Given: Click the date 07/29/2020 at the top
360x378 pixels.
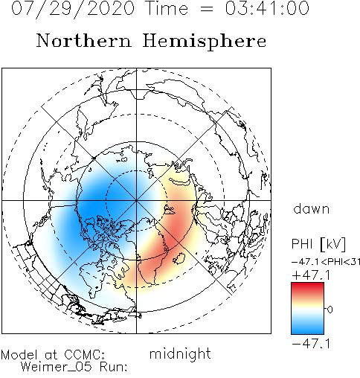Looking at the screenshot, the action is (x=73, y=9).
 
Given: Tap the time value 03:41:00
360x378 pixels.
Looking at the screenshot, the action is (x=267, y=8).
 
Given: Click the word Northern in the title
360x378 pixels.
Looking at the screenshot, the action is (x=84, y=41).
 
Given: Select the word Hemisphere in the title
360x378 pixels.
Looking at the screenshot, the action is (x=205, y=42).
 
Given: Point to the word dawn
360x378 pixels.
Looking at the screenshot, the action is (x=312, y=209).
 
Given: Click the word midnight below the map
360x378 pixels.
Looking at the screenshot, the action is (x=180, y=354).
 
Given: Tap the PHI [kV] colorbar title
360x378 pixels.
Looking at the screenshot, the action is (x=318, y=244).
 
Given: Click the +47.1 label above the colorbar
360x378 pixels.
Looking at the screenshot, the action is (x=311, y=275).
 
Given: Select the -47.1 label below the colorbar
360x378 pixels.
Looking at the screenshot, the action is (x=311, y=344).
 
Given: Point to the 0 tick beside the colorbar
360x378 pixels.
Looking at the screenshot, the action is (x=330, y=310).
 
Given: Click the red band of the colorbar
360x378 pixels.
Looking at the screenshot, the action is (x=307, y=289).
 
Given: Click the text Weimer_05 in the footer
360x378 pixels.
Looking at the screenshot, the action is (x=56, y=367).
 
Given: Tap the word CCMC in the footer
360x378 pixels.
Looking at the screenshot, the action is (x=84, y=355).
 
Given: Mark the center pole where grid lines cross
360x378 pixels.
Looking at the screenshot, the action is (x=136, y=200).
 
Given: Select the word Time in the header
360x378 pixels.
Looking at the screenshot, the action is (x=167, y=8).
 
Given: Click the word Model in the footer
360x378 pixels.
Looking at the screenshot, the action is (x=19, y=355).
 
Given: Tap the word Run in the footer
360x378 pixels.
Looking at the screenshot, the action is (x=113, y=367).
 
